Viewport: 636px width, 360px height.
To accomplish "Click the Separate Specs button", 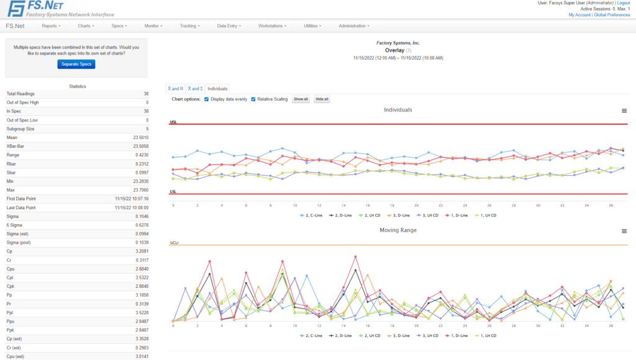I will [x=76, y=64].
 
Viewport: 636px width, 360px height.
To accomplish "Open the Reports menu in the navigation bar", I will [x=51, y=26].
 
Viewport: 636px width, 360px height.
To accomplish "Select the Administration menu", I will [x=353, y=26].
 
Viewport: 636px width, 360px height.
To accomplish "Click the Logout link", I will [x=623, y=3].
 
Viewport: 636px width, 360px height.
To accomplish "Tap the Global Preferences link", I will [x=612, y=15].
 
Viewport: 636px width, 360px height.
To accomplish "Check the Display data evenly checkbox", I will [x=207, y=99].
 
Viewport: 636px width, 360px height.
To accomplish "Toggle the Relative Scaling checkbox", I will [x=253, y=99].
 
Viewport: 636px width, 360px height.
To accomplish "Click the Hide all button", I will [x=322, y=99].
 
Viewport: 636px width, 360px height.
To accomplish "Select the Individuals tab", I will [x=217, y=89].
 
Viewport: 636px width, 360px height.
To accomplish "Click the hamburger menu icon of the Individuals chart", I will [x=624, y=110].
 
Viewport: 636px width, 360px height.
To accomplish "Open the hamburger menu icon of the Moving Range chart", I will [x=624, y=231].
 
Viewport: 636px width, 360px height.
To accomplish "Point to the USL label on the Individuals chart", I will [x=173, y=122].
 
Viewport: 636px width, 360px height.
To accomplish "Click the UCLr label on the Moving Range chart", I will [x=175, y=243].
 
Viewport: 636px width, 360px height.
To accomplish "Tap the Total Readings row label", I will [x=20, y=94].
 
